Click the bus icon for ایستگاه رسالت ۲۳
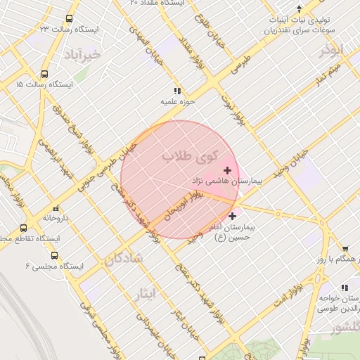[x=68, y=19]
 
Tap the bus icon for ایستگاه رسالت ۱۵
[x=45, y=74]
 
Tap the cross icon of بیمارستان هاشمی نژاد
[x=227, y=170]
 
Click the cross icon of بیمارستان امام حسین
[x=233, y=217]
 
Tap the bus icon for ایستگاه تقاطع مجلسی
[x=24, y=228]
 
